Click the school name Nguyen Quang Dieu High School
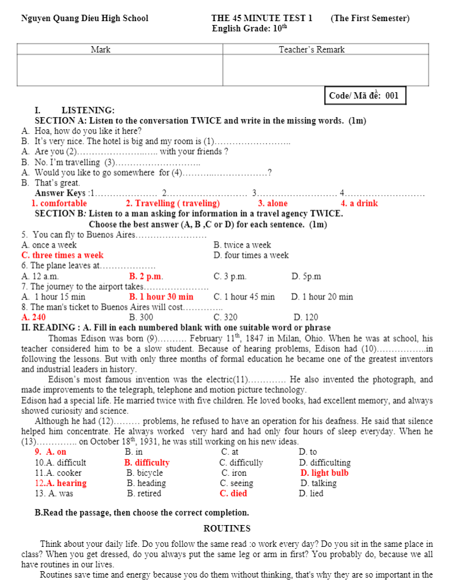pyautogui.click(x=84, y=19)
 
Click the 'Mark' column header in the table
pyautogui.click(x=100, y=49)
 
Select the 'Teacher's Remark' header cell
pyautogui.click(x=312, y=49)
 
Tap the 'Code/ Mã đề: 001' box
pyautogui.click(x=364, y=96)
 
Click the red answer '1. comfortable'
pyautogui.click(x=59, y=203)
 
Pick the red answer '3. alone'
pyautogui.click(x=273, y=203)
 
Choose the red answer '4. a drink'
pyautogui.click(x=359, y=203)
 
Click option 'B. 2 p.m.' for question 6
pyautogui.click(x=146, y=276)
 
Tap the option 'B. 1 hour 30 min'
pyautogui.click(x=161, y=297)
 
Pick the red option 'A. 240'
pyautogui.click(x=34, y=317)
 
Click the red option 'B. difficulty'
pyautogui.click(x=147, y=462)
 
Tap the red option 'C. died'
pyautogui.click(x=233, y=494)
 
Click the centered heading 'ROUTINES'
pyautogui.click(x=226, y=528)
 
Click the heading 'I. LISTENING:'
pyautogui.click(x=75, y=110)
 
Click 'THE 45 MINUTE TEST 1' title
pyautogui.click(x=262, y=19)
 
